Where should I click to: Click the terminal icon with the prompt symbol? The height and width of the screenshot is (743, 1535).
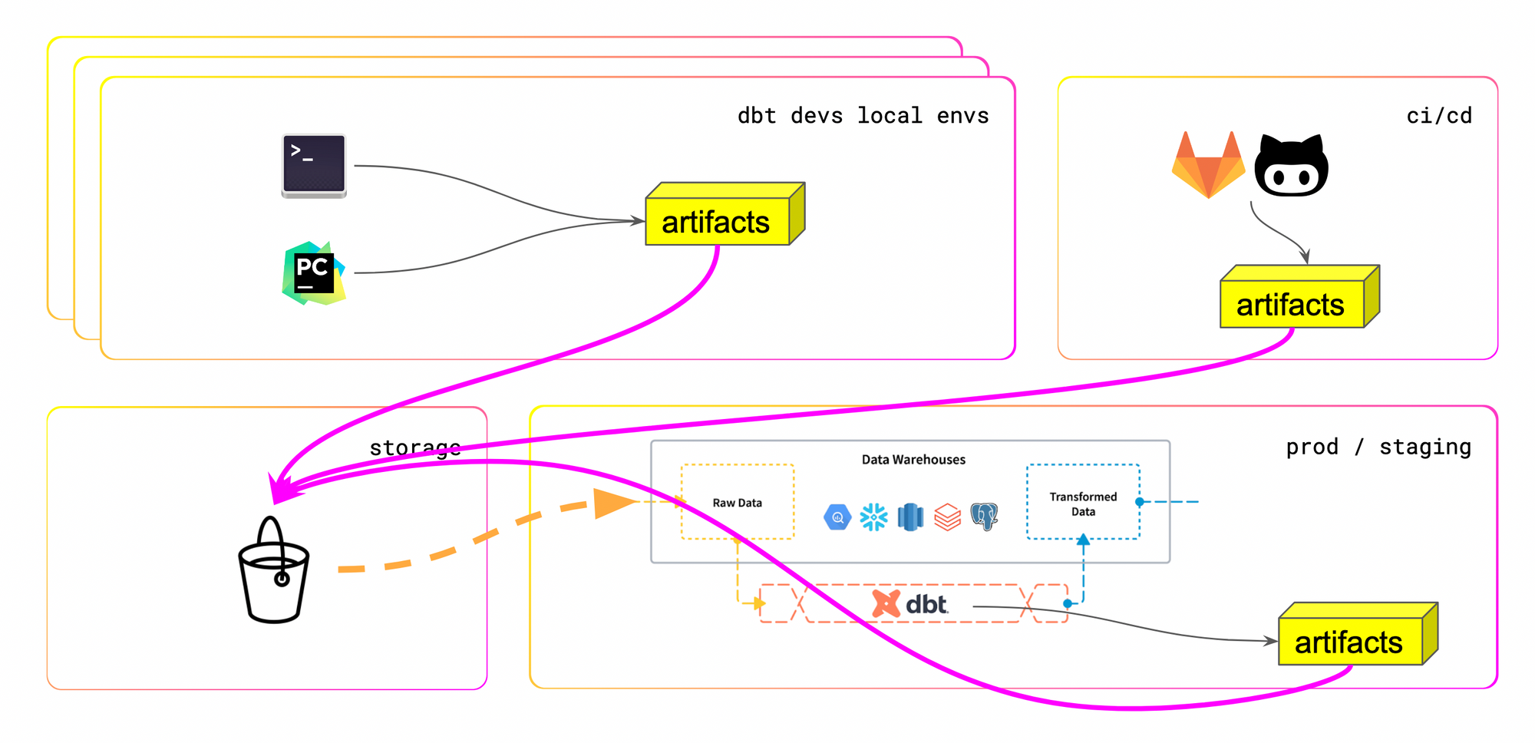pyautogui.click(x=314, y=166)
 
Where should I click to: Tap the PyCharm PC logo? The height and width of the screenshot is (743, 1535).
pyautogui.click(x=314, y=273)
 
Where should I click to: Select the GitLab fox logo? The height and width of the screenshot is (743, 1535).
pyautogui.click(x=1208, y=165)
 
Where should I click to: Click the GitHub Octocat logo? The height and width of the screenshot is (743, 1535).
pyautogui.click(x=1292, y=167)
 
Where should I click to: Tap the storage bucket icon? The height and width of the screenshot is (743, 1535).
pyautogui.click(x=274, y=571)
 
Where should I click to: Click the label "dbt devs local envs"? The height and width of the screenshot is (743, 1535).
pyautogui.click(x=863, y=116)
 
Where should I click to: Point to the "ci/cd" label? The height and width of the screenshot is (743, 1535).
pyautogui.click(x=1439, y=116)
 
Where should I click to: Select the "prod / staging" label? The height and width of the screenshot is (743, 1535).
pyautogui.click(x=1378, y=447)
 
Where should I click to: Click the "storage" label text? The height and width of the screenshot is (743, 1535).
pyautogui.click(x=415, y=447)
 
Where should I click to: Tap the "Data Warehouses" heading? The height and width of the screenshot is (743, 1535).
pyautogui.click(x=913, y=460)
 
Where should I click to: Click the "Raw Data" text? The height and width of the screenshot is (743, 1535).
pyautogui.click(x=737, y=503)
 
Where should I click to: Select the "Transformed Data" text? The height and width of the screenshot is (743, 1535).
pyautogui.click(x=1083, y=504)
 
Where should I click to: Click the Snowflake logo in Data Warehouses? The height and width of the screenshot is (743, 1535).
pyautogui.click(x=873, y=517)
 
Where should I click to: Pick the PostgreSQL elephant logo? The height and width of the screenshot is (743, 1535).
pyautogui.click(x=984, y=517)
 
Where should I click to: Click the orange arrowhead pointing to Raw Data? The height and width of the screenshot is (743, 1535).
pyautogui.click(x=615, y=504)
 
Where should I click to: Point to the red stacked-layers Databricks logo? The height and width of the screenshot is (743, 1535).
pyautogui.click(x=947, y=517)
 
